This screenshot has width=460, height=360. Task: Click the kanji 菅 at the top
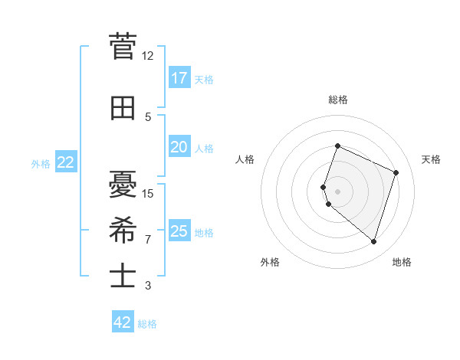(123, 47)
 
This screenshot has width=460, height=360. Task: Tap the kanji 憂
(123, 184)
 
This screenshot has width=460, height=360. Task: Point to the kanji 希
(123, 229)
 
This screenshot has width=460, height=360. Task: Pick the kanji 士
(123, 275)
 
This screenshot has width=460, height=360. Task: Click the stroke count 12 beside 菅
(147, 56)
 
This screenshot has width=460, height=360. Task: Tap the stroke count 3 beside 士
(147, 286)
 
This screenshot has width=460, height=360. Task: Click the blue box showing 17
(179, 78)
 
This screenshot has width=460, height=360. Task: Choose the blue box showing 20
(179, 147)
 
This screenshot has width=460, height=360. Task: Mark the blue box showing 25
(179, 231)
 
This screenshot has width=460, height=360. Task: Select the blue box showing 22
(66, 162)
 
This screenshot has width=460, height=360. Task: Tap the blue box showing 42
(123, 322)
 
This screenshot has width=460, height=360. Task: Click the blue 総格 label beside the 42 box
(147, 324)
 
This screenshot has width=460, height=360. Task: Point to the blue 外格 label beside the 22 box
(41, 163)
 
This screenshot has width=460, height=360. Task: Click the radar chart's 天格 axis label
(431, 159)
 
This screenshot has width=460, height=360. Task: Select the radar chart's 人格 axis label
(245, 159)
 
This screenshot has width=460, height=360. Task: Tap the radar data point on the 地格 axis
(373, 242)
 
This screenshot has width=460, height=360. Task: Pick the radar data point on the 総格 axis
(337, 146)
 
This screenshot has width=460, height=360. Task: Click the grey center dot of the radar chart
(337, 191)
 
